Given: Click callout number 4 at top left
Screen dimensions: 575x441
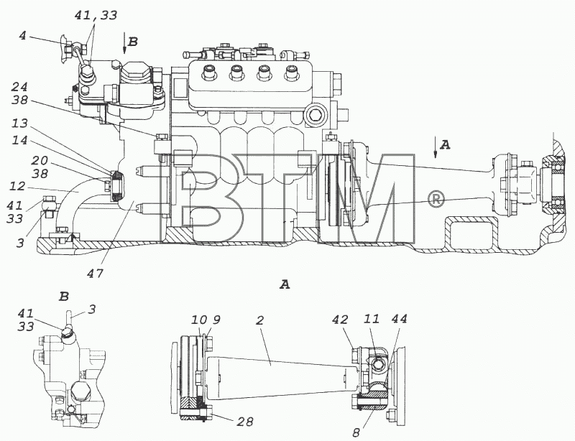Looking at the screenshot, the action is pyautogui.click(x=23, y=37).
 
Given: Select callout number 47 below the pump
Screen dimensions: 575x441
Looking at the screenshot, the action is pyautogui.click(x=96, y=273).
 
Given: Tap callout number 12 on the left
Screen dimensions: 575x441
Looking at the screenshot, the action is pyautogui.click(x=17, y=186).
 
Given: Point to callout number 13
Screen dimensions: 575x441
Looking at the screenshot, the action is pyautogui.click(x=19, y=123).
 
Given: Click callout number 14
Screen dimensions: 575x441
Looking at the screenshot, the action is pyautogui.click(x=19, y=139).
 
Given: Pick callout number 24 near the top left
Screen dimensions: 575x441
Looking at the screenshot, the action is pyautogui.click(x=19, y=87).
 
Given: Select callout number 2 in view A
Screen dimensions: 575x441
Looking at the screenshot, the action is pyautogui.click(x=259, y=320).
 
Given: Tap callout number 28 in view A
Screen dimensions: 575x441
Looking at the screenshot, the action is pyautogui.click(x=244, y=422).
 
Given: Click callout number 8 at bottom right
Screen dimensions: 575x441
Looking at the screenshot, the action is pyautogui.click(x=356, y=433).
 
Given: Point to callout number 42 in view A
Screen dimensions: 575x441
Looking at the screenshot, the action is pyautogui.click(x=340, y=320).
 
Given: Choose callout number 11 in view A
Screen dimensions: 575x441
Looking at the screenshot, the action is pyautogui.click(x=371, y=319).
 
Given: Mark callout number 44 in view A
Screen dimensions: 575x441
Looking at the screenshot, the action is pyautogui.click(x=399, y=319).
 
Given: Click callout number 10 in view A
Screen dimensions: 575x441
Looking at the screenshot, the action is pyautogui.click(x=199, y=320).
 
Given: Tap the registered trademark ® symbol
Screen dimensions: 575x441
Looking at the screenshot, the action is pyautogui.click(x=436, y=200).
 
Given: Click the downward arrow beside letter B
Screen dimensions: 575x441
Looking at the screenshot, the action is pyautogui.click(x=124, y=45).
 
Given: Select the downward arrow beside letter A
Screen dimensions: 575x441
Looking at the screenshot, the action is pyautogui.click(x=436, y=147).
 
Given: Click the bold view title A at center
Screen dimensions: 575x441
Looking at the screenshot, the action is pyautogui.click(x=285, y=284).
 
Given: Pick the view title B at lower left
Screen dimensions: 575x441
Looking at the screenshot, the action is pyautogui.click(x=64, y=296).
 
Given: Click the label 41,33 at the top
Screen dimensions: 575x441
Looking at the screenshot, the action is pyautogui.click(x=96, y=15).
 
